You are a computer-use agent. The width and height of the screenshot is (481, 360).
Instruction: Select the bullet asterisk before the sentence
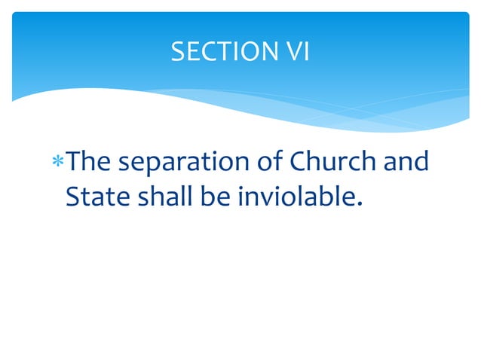(59, 163)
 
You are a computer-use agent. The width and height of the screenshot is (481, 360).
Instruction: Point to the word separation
(185, 163)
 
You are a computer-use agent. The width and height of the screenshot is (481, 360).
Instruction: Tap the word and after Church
(406, 161)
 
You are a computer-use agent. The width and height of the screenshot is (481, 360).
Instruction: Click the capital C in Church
(299, 162)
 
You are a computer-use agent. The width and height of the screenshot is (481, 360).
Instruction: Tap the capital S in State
(72, 196)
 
